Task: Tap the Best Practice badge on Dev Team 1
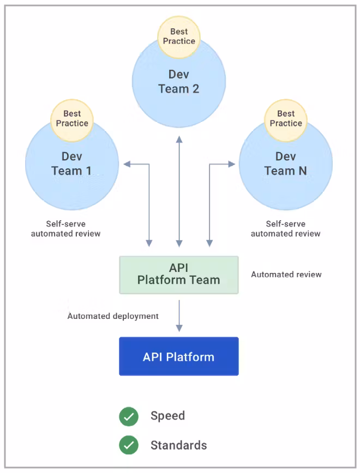(x=72, y=118)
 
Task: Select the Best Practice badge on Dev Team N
(x=286, y=118)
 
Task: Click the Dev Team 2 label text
(x=179, y=81)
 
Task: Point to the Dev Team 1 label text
(x=71, y=163)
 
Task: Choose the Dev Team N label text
(x=286, y=163)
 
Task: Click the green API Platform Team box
(x=179, y=275)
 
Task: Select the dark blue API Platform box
(x=179, y=357)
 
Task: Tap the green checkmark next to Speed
(x=129, y=416)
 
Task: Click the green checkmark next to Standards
(x=129, y=445)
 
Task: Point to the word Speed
(x=168, y=416)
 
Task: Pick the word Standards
(x=179, y=445)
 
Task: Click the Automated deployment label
(x=113, y=316)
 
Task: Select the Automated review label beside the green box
(x=286, y=275)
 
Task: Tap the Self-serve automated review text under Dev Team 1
(x=65, y=228)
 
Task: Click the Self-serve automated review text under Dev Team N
(x=285, y=228)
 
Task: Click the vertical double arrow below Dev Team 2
(x=179, y=191)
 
